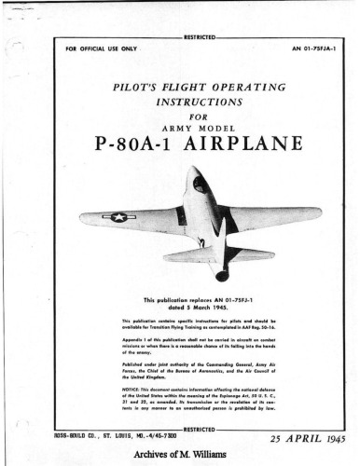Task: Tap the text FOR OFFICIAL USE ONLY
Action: (x=102, y=48)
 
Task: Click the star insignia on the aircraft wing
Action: (x=118, y=217)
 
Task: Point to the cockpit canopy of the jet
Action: (x=201, y=185)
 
